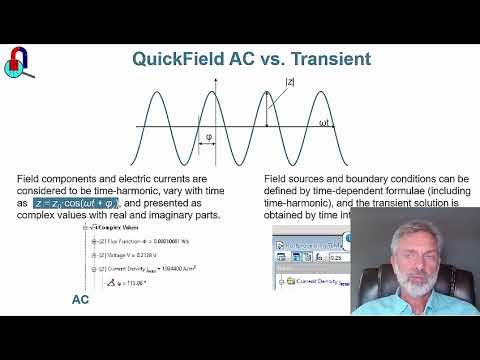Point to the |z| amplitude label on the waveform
point(290,83)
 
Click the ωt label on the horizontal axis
point(324,123)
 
